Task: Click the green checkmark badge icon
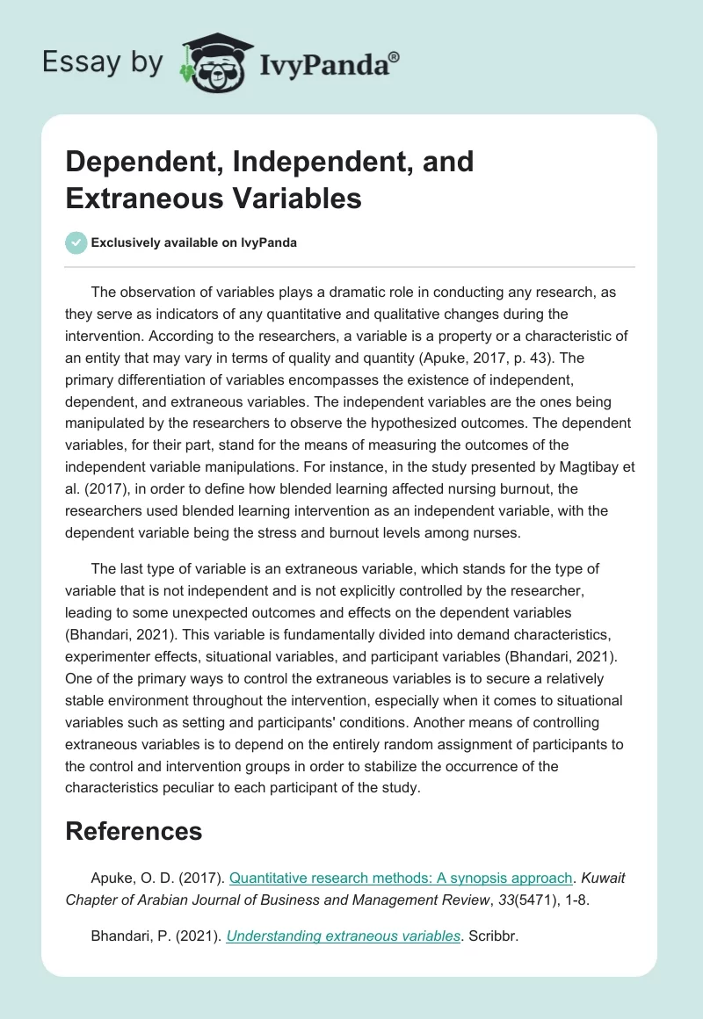[76, 242]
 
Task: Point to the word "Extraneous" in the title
[141, 198]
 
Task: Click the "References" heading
[134, 831]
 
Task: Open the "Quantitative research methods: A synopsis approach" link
[401, 878]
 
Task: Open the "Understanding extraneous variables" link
[344, 936]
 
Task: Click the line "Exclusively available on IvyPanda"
[194, 242]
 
